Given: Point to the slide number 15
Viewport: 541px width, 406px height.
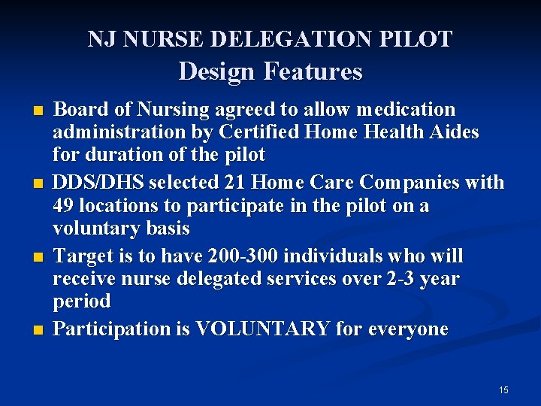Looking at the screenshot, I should (x=503, y=390).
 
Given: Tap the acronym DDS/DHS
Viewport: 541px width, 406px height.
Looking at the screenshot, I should (x=99, y=183).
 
